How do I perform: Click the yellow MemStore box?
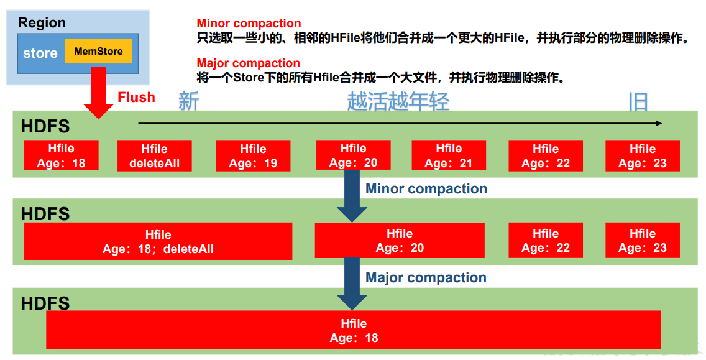coord(98,52)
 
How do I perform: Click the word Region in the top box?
coord(42,23)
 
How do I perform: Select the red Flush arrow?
coord(98,93)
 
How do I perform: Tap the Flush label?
coord(136,98)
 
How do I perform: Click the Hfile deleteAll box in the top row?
coord(154,156)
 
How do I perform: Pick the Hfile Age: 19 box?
coord(253,156)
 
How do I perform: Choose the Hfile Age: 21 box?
coord(449,156)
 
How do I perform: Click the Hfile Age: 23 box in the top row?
coord(642,156)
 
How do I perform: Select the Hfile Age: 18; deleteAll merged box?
coord(158,242)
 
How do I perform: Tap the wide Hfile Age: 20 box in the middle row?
coord(400,241)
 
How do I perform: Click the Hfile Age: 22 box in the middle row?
coord(546,241)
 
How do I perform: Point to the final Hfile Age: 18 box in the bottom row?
coord(353,331)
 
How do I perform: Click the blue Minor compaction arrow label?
coord(426,188)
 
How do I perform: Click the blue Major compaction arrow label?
coord(426,278)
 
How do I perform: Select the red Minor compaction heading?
coord(249,24)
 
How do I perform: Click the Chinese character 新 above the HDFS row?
coord(188,101)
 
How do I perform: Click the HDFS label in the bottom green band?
coord(45,303)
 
